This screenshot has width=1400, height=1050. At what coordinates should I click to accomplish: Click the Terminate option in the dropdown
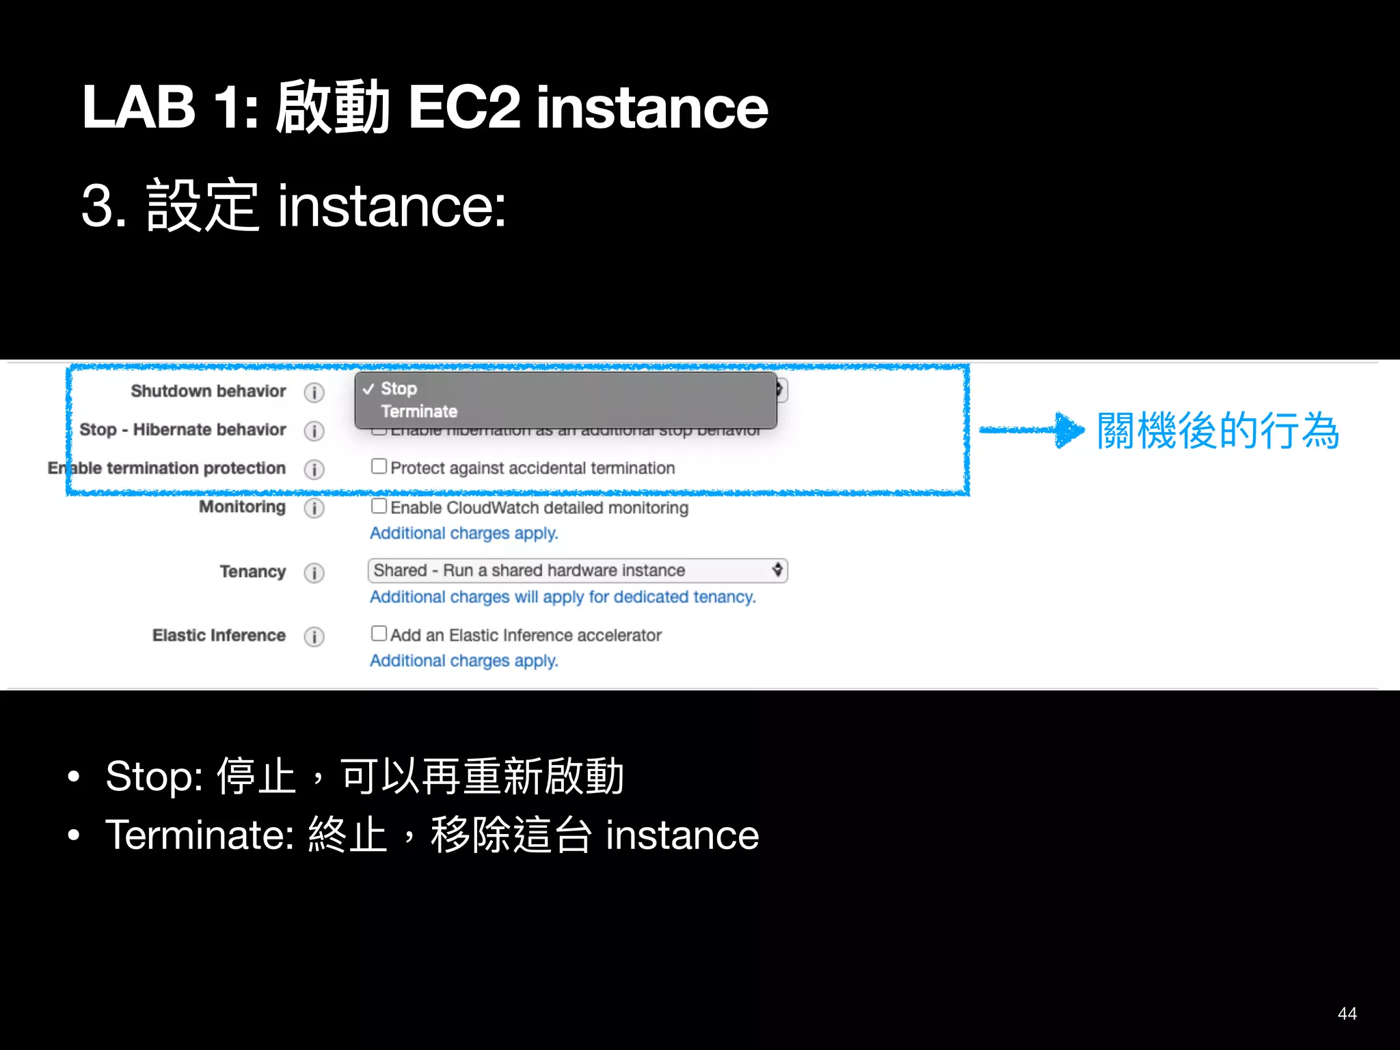point(419,412)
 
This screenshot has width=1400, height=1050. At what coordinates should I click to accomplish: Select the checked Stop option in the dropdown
point(399,388)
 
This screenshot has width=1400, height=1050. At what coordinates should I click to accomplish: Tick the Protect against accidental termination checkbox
point(379,467)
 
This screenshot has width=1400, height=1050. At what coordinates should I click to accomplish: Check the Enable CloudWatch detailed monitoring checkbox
point(379,507)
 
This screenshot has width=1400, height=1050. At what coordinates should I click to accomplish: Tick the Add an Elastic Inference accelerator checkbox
point(379,634)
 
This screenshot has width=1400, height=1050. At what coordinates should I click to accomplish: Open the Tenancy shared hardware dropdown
point(577,570)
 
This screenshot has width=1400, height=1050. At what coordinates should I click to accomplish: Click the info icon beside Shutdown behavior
point(314,392)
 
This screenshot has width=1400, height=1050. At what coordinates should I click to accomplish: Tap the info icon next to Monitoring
point(314,508)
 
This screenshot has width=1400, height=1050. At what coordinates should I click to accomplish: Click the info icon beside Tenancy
point(314,572)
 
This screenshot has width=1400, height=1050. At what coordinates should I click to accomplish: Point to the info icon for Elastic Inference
point(314,636)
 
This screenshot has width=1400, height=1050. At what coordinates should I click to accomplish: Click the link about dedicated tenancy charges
point(563,597)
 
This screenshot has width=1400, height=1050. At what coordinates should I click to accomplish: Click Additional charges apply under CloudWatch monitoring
point(463,533)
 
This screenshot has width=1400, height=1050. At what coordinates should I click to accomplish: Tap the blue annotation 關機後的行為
point(1217,431)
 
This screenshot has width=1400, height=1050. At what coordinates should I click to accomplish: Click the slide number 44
point(1347,1013)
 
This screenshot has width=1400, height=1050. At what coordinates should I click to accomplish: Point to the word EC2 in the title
point(463,108)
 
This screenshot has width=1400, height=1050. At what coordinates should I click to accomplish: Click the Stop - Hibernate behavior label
point(183,429)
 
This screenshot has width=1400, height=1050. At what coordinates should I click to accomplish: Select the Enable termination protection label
point(167,468)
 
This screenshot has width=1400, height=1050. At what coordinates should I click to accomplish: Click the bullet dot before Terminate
point(74,835)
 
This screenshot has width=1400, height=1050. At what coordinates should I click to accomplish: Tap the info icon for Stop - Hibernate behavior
point(314,431)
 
